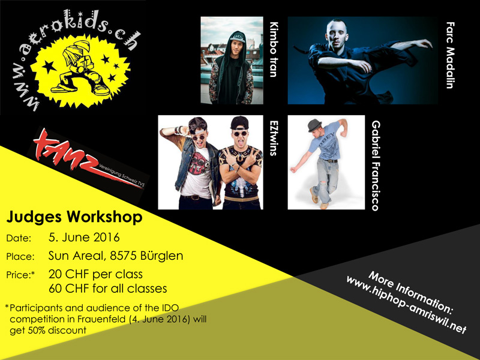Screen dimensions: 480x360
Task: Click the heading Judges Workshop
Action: pos(74,217)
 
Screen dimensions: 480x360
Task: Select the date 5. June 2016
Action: pos(84,238)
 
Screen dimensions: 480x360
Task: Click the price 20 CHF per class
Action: pos(95,274)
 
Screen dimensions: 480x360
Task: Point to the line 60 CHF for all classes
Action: pos(108,289)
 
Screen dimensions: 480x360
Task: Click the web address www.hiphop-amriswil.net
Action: pos(406,305)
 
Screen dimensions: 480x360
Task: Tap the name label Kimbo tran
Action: pos(274,49)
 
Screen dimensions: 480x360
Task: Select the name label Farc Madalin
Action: pos(450,55)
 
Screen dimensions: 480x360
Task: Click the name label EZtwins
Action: pos(274,138)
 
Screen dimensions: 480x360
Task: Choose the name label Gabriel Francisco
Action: pos(376,166)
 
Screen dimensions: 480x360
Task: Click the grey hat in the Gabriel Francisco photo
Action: pos(314,125)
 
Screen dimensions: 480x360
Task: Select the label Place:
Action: pos(20,257)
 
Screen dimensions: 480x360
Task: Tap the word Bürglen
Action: pos(161,256)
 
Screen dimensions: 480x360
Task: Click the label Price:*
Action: pos(20,275)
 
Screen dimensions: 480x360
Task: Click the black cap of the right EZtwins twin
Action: pos(239,122)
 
